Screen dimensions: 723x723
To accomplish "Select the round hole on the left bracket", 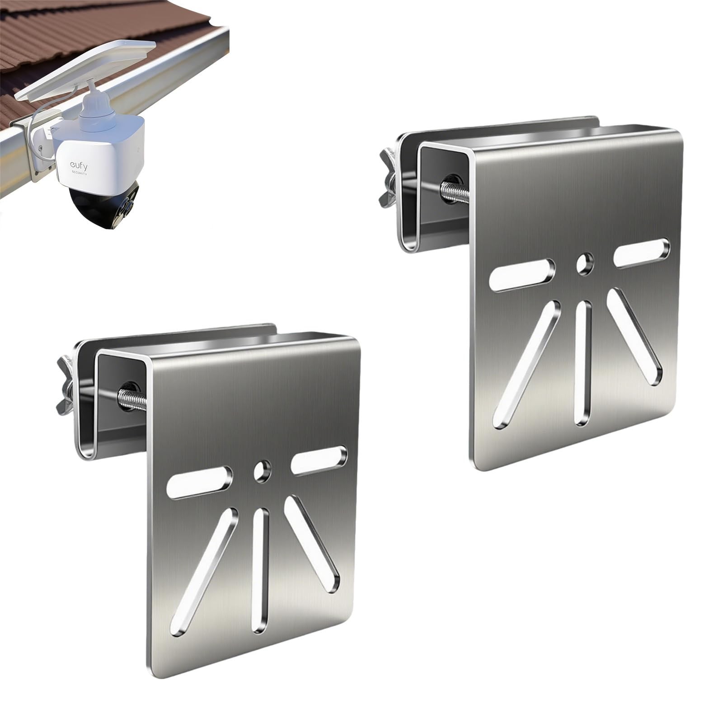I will tap(262, 471).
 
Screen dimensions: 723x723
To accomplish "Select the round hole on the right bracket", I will tap(585, 264).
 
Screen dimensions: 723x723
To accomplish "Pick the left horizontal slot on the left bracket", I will tap(199, 483).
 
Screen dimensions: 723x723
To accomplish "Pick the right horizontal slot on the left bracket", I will tap(319, 460).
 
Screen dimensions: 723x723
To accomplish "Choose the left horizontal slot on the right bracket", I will tap(522, 274).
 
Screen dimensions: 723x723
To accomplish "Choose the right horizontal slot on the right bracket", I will tap(642, 253).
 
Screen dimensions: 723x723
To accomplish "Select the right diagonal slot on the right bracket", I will tap(634, 337).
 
